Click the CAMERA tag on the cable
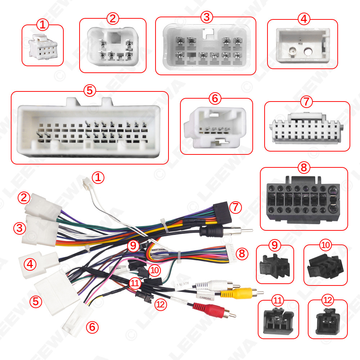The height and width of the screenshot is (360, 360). click(x=203, y=297)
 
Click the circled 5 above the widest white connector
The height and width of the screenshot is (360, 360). click(x=90, y=90)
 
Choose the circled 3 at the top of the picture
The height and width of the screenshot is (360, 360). click(x=206, y=17)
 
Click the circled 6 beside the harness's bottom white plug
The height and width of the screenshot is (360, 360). click(x=92, y=327)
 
